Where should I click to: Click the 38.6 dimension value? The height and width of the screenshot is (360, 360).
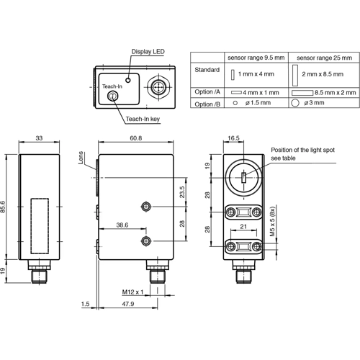(x=123, y=225)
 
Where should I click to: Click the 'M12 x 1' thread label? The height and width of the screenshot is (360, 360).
(x=133, y=292)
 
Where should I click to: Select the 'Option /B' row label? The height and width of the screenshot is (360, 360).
(x=207, y=104)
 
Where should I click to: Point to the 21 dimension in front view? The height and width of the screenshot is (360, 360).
(x=242, y=227)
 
